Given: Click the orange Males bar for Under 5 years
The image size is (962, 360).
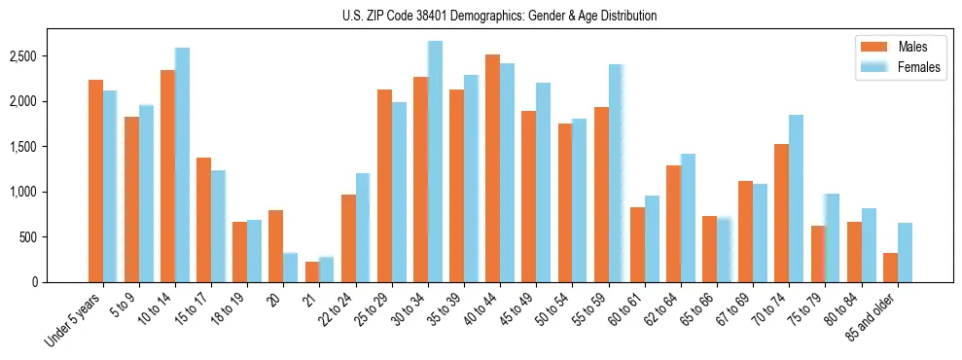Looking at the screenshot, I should [95, 181].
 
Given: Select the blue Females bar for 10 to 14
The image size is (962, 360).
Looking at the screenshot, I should [182, 165].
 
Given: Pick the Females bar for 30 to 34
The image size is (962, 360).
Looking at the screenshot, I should [435, 162].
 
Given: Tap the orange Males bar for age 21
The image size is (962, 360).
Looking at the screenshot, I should [311, 271].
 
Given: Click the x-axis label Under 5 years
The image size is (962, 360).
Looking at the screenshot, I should [75, 317].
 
